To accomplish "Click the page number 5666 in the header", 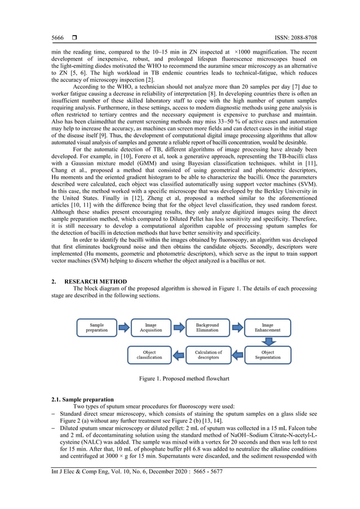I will [x=57, y=38].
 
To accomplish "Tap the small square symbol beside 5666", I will [x=73, y=38].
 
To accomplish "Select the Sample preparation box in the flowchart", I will [x=96, y=328].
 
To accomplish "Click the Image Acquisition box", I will [x=151, y=328].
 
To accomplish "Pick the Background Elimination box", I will [x=207, y=328].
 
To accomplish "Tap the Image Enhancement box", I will [x=267, y=328].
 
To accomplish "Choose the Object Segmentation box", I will [x=267, y=355].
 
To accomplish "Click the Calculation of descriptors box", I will [x=208, y=355].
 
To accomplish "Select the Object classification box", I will [x=150, y=355].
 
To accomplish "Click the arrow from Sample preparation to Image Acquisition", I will [x=124, y=328].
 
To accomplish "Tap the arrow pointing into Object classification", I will [x=178, y=355].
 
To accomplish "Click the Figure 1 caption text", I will [x=179, y=378].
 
